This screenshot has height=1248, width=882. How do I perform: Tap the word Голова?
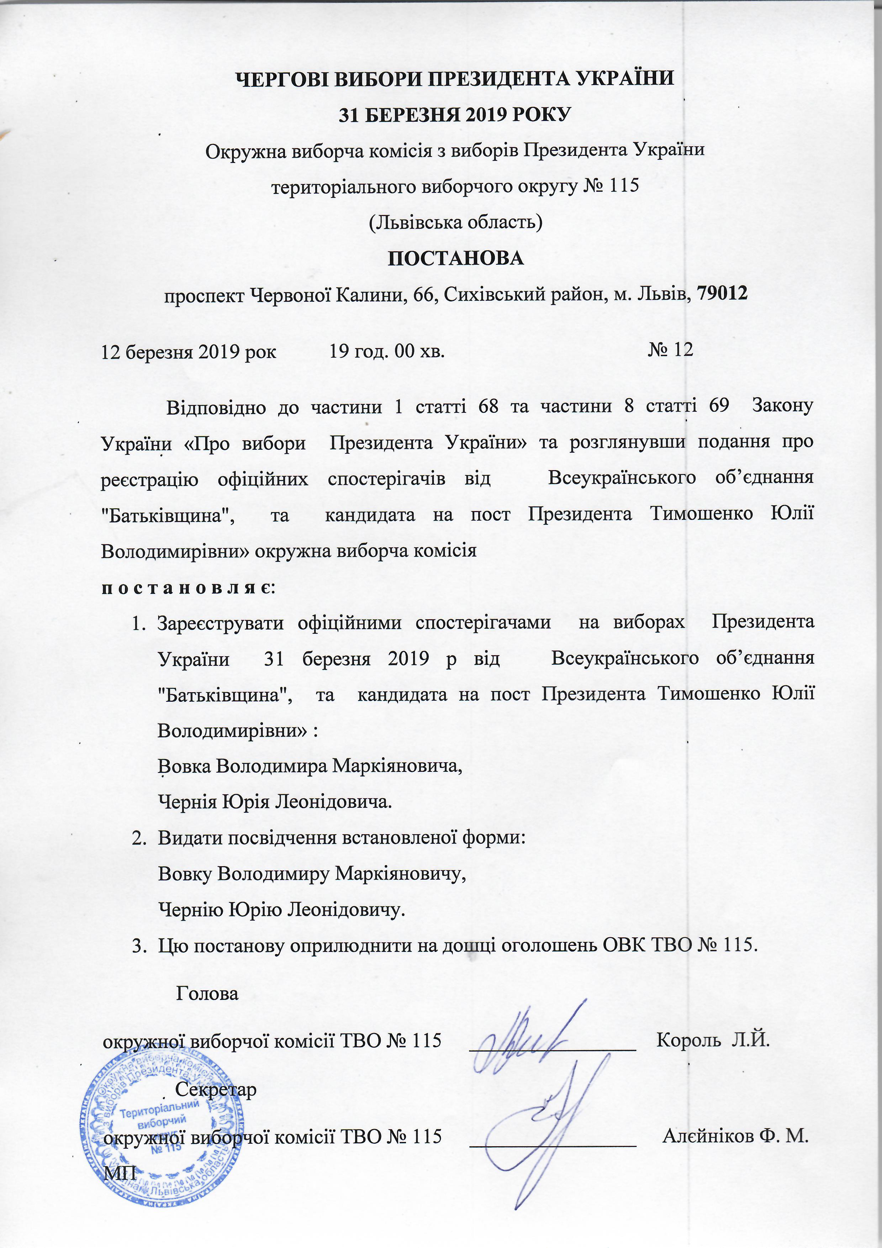[x=207, y=994]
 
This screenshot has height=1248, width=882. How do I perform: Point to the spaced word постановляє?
[x=188, y=589]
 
